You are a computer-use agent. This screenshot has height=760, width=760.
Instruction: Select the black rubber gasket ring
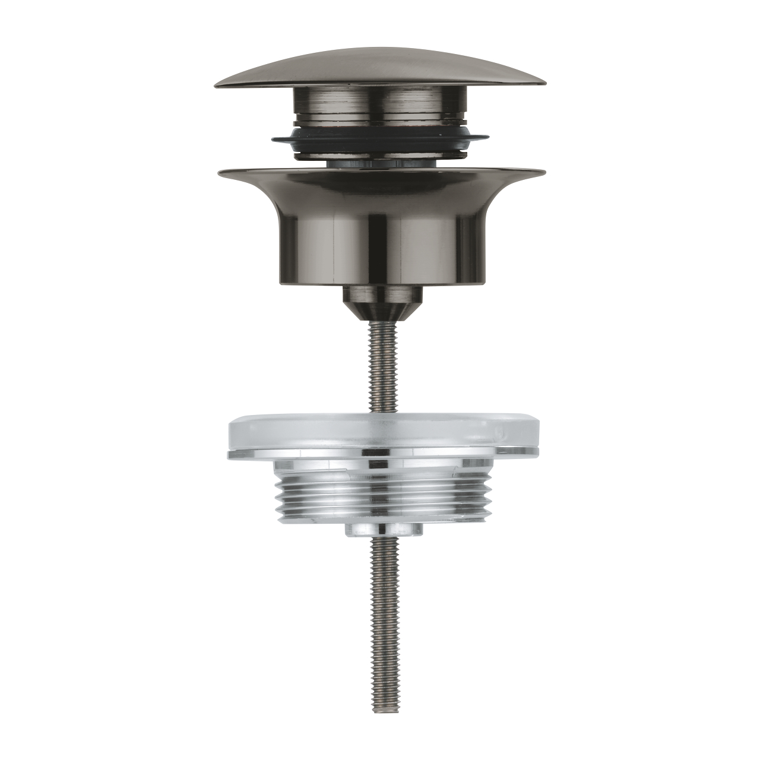coord(380,143)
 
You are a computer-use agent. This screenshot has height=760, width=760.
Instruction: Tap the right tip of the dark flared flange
coord(541,173)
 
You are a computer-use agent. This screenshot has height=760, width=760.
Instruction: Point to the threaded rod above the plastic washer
coord(380,368)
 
